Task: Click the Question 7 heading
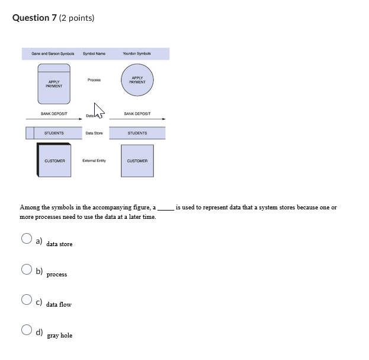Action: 53,18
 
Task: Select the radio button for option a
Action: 27,238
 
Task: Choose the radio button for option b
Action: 27,269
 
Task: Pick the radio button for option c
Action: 27,300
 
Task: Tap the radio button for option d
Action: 27,330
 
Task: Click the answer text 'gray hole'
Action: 59,336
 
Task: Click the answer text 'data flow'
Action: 59,305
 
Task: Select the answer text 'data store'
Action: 59,244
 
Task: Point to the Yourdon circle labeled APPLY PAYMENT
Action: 137,80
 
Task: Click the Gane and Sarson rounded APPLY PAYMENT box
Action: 54,84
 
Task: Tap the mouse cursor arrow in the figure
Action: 98,110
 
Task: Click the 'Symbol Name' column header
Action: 94,54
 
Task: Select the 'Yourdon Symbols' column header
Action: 137,54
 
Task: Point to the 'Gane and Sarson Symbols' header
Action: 53,54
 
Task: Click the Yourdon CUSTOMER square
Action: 137,161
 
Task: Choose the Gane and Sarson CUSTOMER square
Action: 54,161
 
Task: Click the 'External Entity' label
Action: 94,161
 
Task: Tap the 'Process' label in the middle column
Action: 94,80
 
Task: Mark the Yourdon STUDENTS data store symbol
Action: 137,133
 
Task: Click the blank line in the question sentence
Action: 166,208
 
